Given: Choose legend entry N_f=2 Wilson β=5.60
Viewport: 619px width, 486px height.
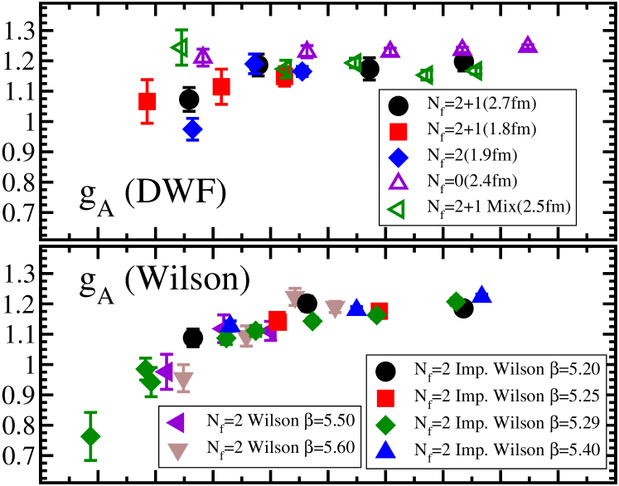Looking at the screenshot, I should [264, 448].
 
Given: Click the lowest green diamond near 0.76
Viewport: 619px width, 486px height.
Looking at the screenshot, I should [90, 436].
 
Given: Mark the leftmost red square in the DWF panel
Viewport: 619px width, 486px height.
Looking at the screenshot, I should [147, 102].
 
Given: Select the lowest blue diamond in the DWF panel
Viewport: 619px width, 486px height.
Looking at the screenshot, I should [192, 129].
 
